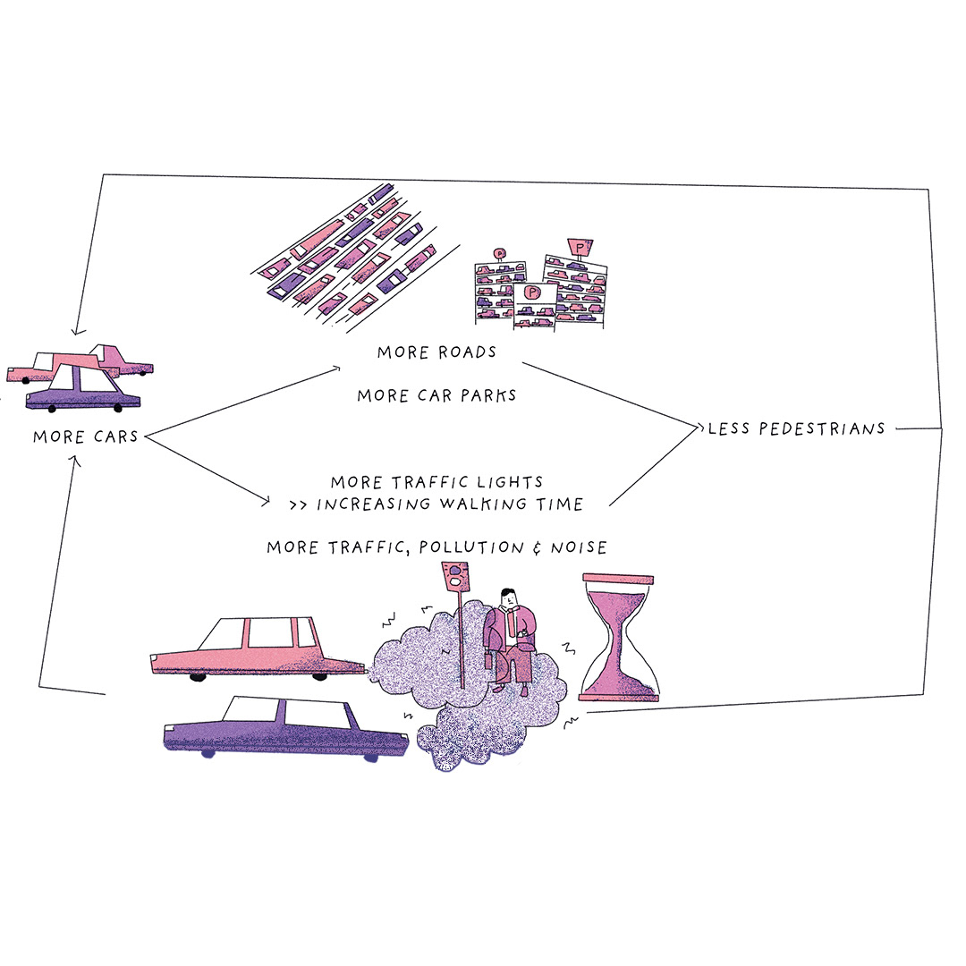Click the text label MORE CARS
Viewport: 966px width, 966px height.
(85, 437)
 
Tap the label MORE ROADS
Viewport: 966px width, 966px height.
(436, 352)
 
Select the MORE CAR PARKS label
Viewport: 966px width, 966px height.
(436, 395)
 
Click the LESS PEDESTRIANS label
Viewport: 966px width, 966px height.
(796, 429)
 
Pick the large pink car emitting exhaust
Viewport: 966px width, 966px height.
(255, 648)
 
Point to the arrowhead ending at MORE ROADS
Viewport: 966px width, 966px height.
(337, 367)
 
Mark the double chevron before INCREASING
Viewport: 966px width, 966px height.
(300, 505)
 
